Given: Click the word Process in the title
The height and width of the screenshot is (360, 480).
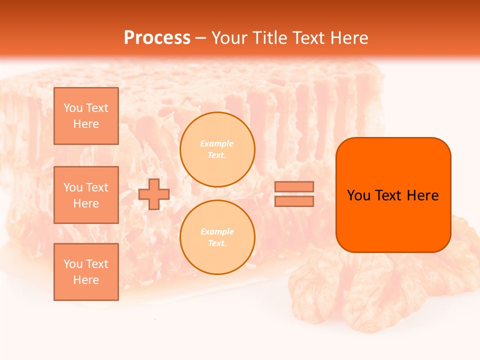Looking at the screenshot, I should coord(157,38).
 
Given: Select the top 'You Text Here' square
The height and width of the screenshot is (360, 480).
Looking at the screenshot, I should coord(86,116).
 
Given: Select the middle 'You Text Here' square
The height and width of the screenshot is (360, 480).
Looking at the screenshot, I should coord(86,195).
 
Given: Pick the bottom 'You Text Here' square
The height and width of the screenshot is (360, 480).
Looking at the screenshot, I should coord(86,272).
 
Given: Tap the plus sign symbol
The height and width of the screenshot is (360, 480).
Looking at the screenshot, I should coord(154,194).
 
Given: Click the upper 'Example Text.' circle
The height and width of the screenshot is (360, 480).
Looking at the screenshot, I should coord(217,149).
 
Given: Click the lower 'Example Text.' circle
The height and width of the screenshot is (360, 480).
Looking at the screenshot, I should coord(217,237).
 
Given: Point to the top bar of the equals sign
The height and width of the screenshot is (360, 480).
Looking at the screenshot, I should coord(294,187).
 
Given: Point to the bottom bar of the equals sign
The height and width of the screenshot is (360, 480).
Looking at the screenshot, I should coord(294,201).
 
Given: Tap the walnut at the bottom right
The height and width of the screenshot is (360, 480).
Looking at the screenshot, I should coord(350,295).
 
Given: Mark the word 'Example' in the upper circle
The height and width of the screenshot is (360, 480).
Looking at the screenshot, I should coord(217,144).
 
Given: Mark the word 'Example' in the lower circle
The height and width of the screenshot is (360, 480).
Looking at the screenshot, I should coord(217,232).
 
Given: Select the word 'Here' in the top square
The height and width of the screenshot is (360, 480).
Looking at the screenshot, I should coord(86,124).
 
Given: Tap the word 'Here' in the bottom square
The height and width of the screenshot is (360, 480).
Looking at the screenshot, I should coord(86,280).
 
